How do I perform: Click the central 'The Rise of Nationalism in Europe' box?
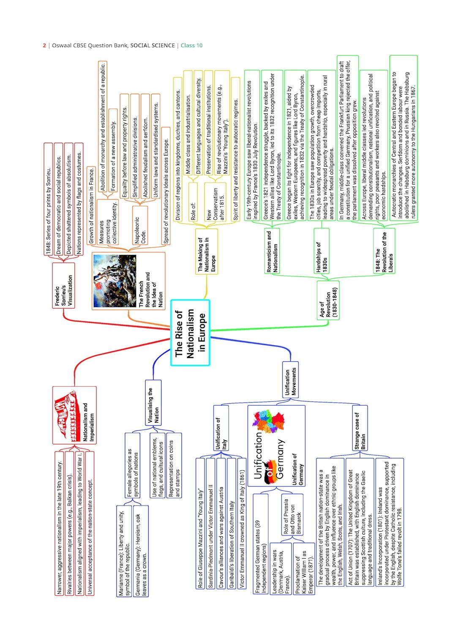click(190, 333)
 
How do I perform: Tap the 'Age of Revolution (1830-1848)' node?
click(328, 303)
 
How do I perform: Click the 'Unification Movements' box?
click(290, 380)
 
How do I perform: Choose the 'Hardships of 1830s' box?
click(322, 256)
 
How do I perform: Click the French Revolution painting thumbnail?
click(114, 281)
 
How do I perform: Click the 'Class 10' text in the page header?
click(191, 46)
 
